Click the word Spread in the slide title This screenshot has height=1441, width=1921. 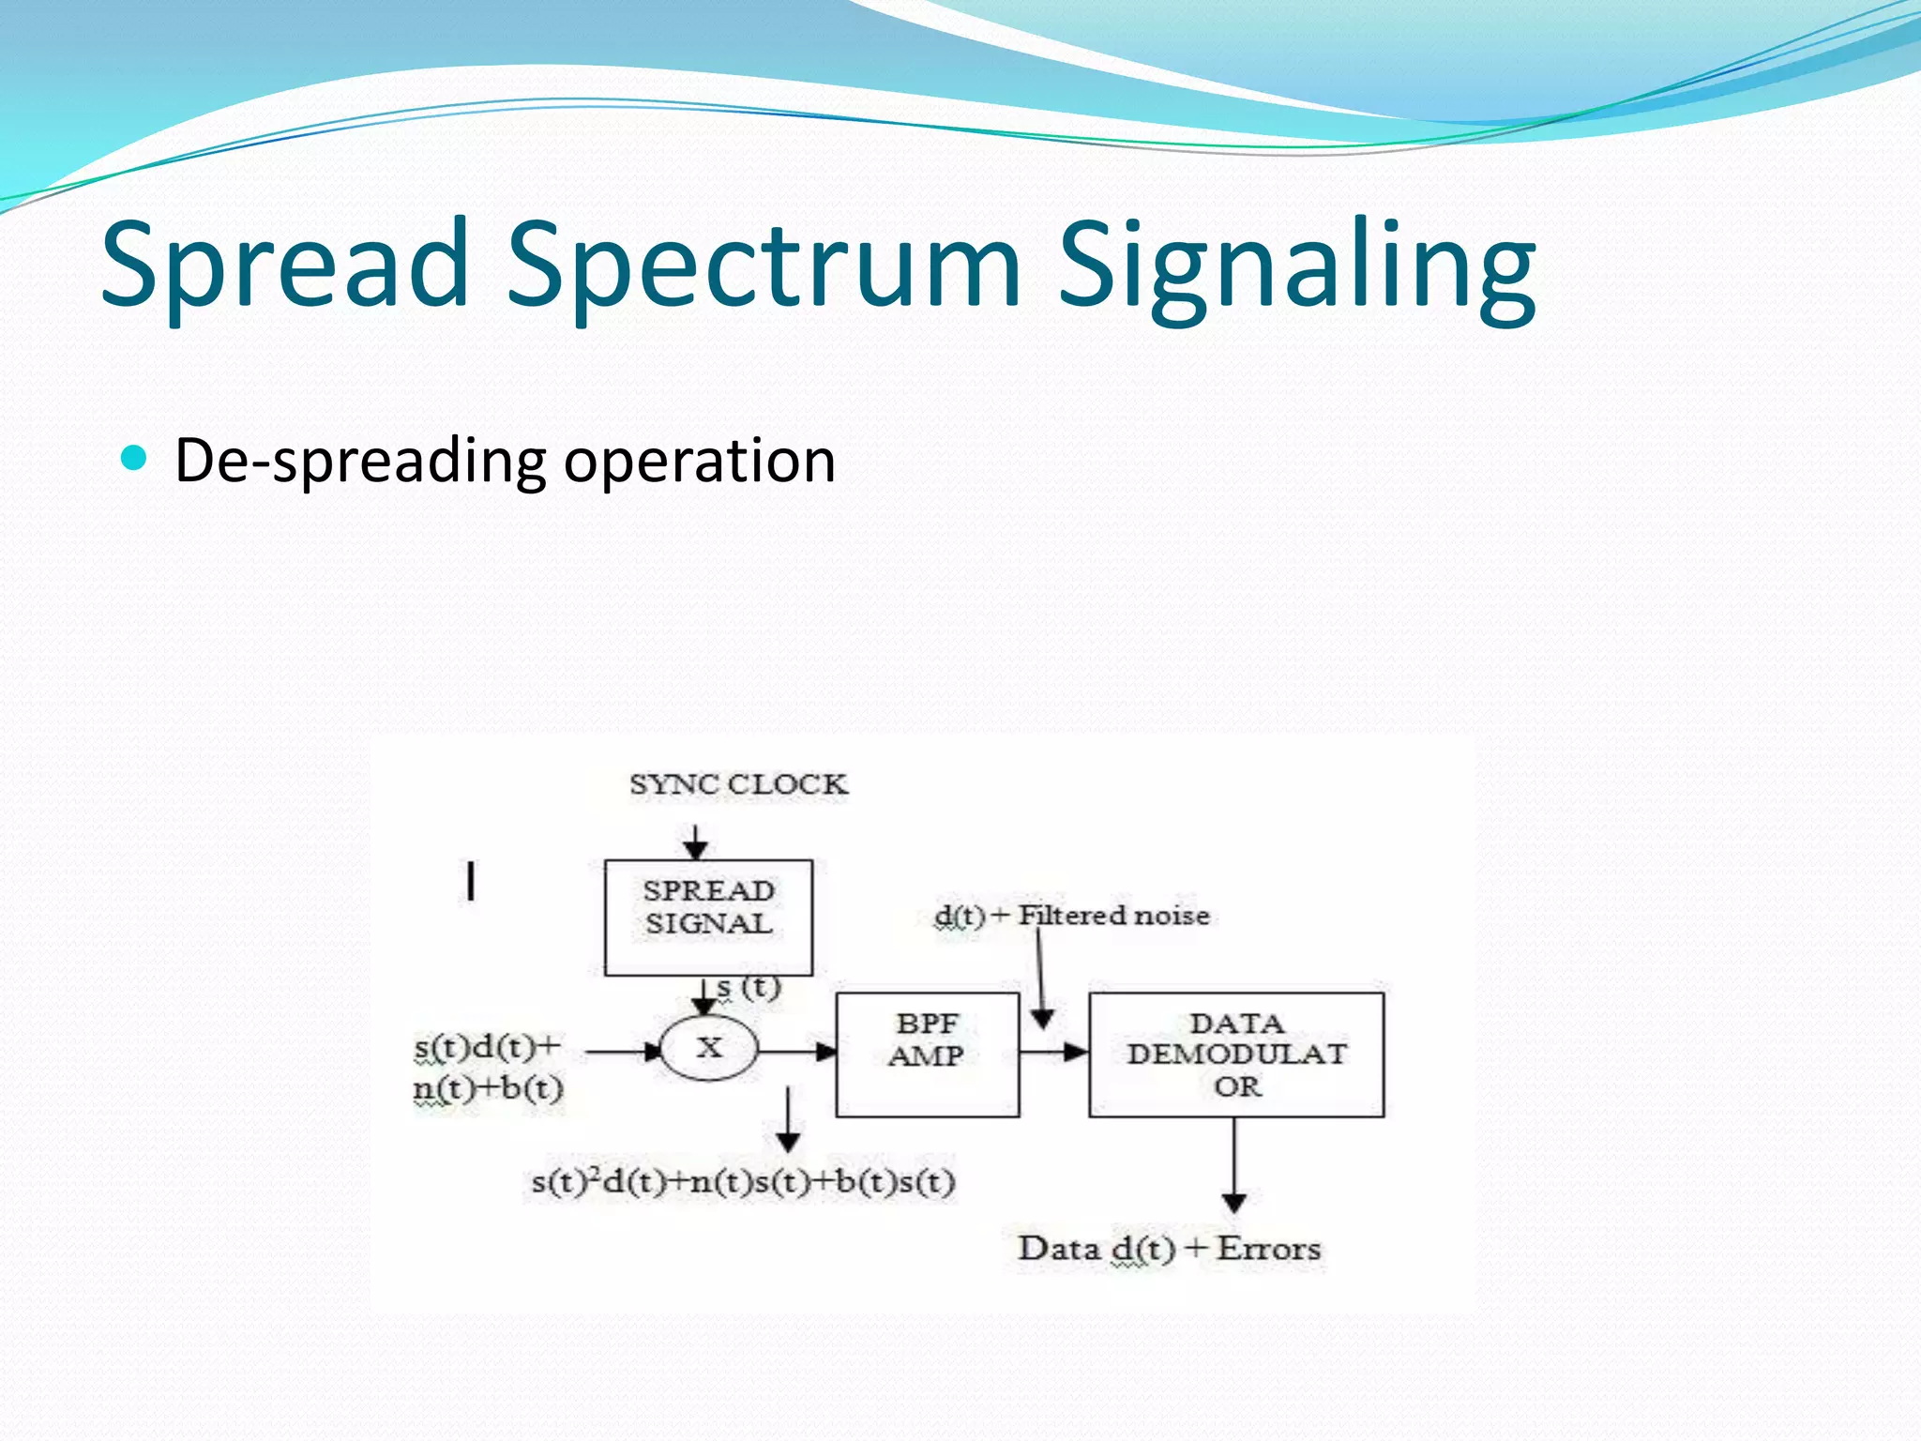coord(284,265)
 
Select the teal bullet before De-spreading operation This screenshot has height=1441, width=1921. coord(135,458)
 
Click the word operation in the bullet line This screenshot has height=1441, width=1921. coord(699,461)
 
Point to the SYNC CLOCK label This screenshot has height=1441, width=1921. coord(738,784)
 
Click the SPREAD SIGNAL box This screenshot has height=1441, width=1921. coord(708,917)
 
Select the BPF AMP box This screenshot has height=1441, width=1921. coord(927,1054)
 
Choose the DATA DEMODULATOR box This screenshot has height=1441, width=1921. coord(1236,1054)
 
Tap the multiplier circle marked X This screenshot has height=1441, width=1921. coord(709,1048)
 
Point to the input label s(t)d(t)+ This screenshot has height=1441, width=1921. coord(488,1046)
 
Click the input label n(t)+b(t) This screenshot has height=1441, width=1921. coord(488,1088)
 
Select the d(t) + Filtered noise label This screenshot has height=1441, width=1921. coord(1072,915)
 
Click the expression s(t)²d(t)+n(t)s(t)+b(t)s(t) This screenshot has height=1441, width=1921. coord(743,1181)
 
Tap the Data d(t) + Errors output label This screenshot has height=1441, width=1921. coord(1169,1249)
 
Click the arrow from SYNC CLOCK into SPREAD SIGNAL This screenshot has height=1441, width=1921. coord(695,842)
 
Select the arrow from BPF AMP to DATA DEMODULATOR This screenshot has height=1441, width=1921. coord(1053,1052)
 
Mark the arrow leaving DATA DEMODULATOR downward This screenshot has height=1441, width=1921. coord(1234,1163)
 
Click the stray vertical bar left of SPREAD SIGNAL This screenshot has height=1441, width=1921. coord(471,881)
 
